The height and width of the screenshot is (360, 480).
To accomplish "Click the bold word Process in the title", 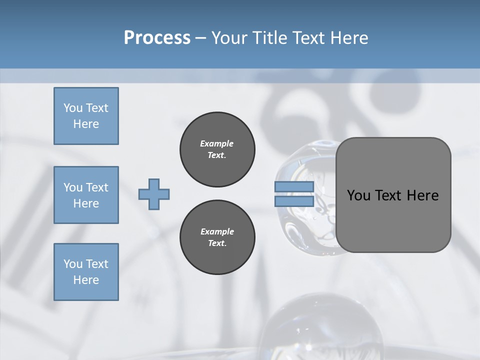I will [x=157, y=38].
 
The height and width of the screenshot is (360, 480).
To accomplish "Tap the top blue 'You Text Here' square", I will [x=86, y=116].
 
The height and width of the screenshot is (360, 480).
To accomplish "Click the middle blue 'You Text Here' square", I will [x=86, y=195].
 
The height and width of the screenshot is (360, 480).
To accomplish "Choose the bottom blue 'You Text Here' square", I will [x=86, y=272].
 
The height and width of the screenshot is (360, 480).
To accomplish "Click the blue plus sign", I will [x=154, y=194].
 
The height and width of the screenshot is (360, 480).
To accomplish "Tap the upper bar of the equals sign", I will [x=294, y=187].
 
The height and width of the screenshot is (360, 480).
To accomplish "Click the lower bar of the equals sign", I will [x=294, y=201].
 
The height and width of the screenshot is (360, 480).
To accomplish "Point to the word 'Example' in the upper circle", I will [x=216, y=143].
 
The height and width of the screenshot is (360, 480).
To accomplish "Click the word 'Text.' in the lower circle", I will [x=217, y=243].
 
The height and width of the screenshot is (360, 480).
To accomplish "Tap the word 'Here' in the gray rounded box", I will [x=422, y=195].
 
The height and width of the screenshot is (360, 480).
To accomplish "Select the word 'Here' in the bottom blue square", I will [x=86, y=280].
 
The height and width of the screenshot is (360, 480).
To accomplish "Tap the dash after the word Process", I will [x=200, y=38].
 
